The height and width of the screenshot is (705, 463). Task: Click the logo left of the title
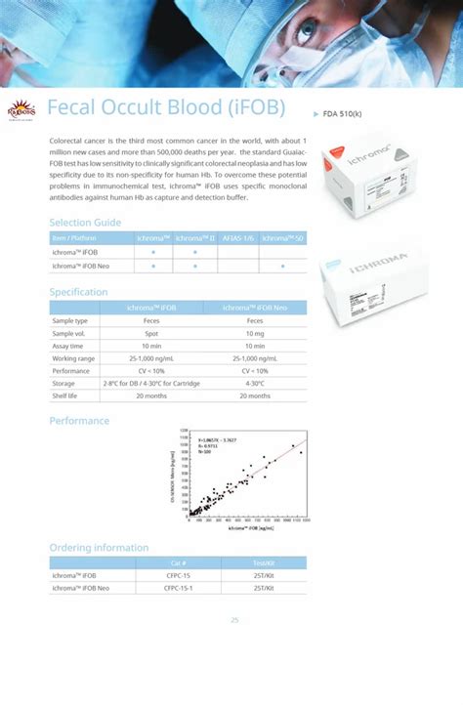(x=22, y=107)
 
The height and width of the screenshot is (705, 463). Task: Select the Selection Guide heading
(x=85, y=223)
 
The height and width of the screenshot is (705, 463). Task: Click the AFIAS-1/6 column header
(x=238, y=238)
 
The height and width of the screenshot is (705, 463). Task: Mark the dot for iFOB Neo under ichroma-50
(x=283, y=266)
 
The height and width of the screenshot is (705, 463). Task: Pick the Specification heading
(x=78, y=292)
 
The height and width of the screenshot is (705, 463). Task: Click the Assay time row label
(x=68, y=346)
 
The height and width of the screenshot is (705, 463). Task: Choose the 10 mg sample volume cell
(x=255, y=333)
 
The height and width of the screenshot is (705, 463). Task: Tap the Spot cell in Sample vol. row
(x=151, y=333)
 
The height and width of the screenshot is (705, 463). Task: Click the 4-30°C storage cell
(x=255, y=384)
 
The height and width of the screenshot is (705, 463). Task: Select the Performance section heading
(x=79, y=420)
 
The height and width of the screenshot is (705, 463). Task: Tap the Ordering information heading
(x=99, y=548)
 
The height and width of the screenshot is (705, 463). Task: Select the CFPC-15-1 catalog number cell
(x=179, y=588)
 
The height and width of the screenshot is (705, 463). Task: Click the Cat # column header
(x=178, y=563)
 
